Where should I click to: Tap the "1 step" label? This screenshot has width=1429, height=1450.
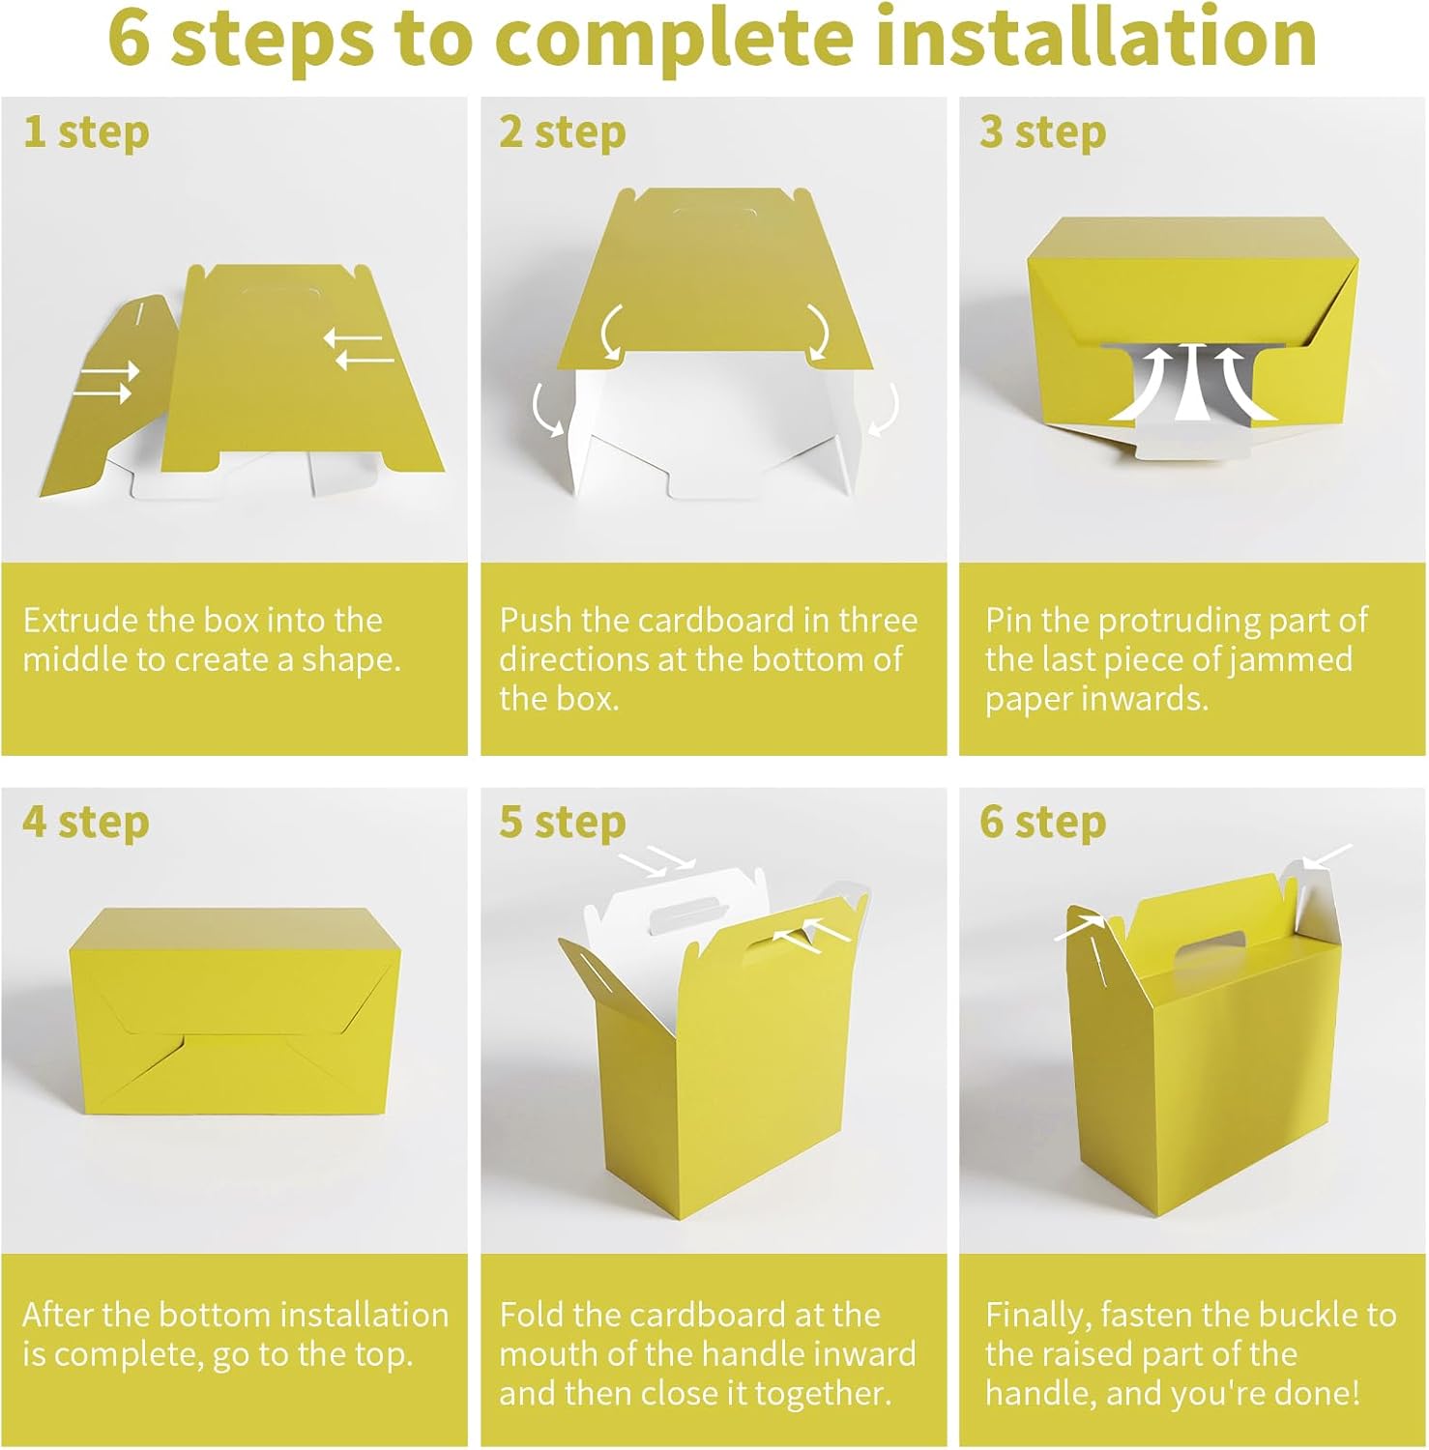pos(86,132)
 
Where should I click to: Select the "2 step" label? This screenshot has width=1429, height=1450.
pos(563,132)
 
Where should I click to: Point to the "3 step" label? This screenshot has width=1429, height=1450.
pos(1043,132)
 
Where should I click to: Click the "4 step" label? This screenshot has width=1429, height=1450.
pos(86,823)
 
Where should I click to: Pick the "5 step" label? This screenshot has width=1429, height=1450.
pos(563,823)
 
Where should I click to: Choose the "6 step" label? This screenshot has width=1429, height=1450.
pos(1043,823)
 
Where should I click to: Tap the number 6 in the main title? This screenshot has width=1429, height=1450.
pos(131,39)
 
